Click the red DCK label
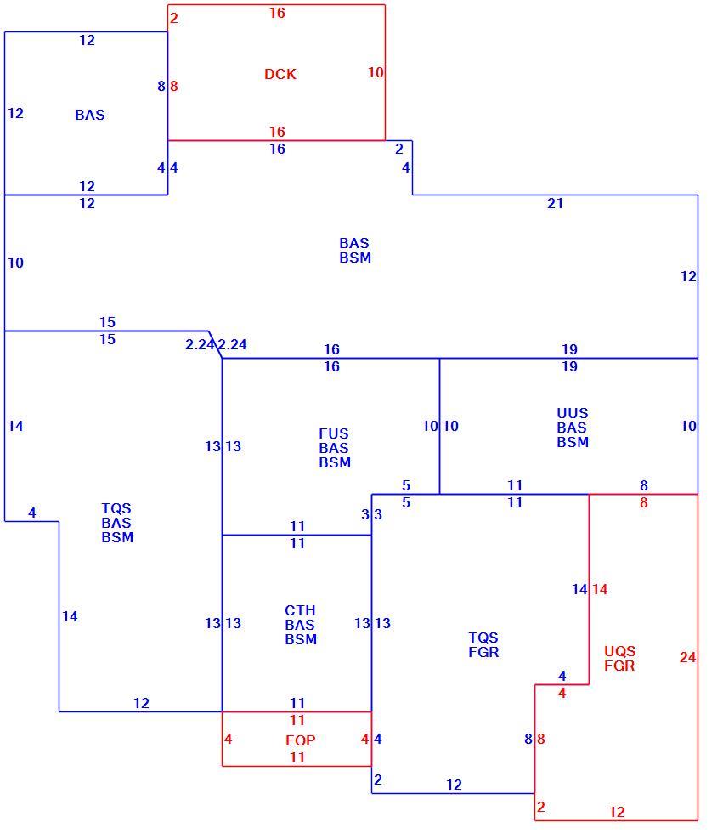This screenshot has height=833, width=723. (x=280, y=74)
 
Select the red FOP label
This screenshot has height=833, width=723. (x=301, y=740)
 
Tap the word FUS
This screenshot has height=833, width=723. (x=333, y=433)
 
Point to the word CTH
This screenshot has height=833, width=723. (x=300, y=610)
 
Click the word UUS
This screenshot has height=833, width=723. (x=573, y=413)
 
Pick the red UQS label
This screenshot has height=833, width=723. (x=619, y=651)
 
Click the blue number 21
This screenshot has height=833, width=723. (x=556, y=203)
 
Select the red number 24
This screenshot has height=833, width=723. (x=687, y=657)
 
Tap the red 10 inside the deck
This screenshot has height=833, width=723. (x=376, y=72)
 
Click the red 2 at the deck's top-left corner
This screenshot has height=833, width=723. (x=173, y=18)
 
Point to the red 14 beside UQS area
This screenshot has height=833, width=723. (x=600, y=589)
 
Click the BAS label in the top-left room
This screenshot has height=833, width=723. (x=90, y=115)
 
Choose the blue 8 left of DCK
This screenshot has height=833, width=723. (x=161, y=86)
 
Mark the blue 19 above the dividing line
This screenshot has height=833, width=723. (x=569, y=349)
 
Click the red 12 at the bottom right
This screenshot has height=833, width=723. (x=617, y=812)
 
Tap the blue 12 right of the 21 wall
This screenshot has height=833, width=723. (x=688, y=277)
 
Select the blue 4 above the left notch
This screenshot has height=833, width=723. (x=31, y=513)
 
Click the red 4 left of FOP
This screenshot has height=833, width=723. (x=229, y=739)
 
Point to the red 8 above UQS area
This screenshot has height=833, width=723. (x=644, y=502)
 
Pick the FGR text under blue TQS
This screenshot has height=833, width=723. (x=483, y=652)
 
